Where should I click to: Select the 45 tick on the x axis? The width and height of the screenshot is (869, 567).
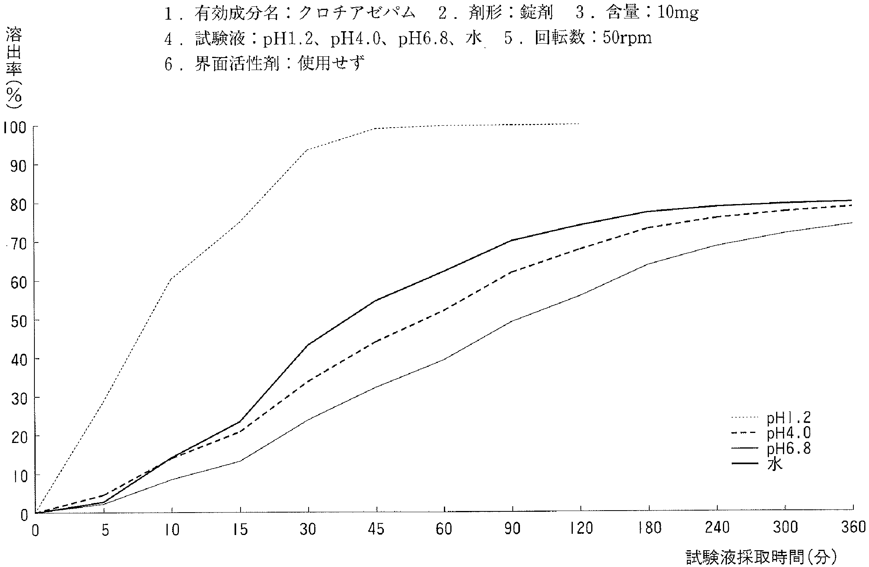click(376, 529)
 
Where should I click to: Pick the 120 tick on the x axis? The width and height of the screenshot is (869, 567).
click(580, 529)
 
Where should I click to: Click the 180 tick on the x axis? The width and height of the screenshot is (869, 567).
click(648, 529)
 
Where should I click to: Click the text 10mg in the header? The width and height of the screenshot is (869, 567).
click(672, 13)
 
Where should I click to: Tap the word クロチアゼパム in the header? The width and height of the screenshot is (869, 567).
click(356, 13)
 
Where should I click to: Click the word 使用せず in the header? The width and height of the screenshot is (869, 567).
click(331, 63)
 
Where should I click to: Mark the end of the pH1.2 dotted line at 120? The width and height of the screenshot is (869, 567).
click(579, 124)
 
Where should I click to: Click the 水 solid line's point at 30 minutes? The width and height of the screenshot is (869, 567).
click(309, 345)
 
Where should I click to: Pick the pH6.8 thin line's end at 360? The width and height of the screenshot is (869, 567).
click(852, 222)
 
